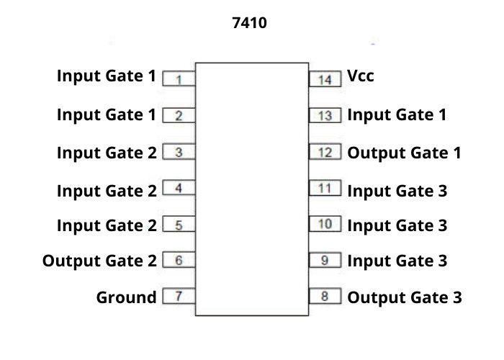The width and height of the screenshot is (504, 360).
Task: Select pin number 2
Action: click(x=179, y=115)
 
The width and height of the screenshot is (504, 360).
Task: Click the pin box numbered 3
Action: click(x=179, y=153)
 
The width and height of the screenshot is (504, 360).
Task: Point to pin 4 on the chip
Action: click(x=179, y=189)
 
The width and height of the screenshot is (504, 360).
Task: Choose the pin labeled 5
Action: click(x=179, y=225)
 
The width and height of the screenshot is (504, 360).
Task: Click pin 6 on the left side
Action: click(x=179, y=261)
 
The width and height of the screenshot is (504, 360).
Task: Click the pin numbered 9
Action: click(x=325, y=261)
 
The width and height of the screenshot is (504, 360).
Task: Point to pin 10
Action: click(x=325, y=225)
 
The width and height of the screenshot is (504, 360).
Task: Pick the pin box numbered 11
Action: click(x=325, y=189)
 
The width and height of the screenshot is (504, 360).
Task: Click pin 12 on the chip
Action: click(x=325, y=153)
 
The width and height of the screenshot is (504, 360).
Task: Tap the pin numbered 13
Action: click(x=325, y=115)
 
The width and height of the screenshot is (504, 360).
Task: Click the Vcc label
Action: click(x=361, y=76)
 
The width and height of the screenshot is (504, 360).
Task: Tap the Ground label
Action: click(x=126, y=297)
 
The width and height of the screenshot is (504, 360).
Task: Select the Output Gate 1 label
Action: click(x=404, y=153)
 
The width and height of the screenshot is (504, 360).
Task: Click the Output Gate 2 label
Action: click(x=99, y=261)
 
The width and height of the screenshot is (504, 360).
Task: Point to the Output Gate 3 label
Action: click(x=405, y=297)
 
